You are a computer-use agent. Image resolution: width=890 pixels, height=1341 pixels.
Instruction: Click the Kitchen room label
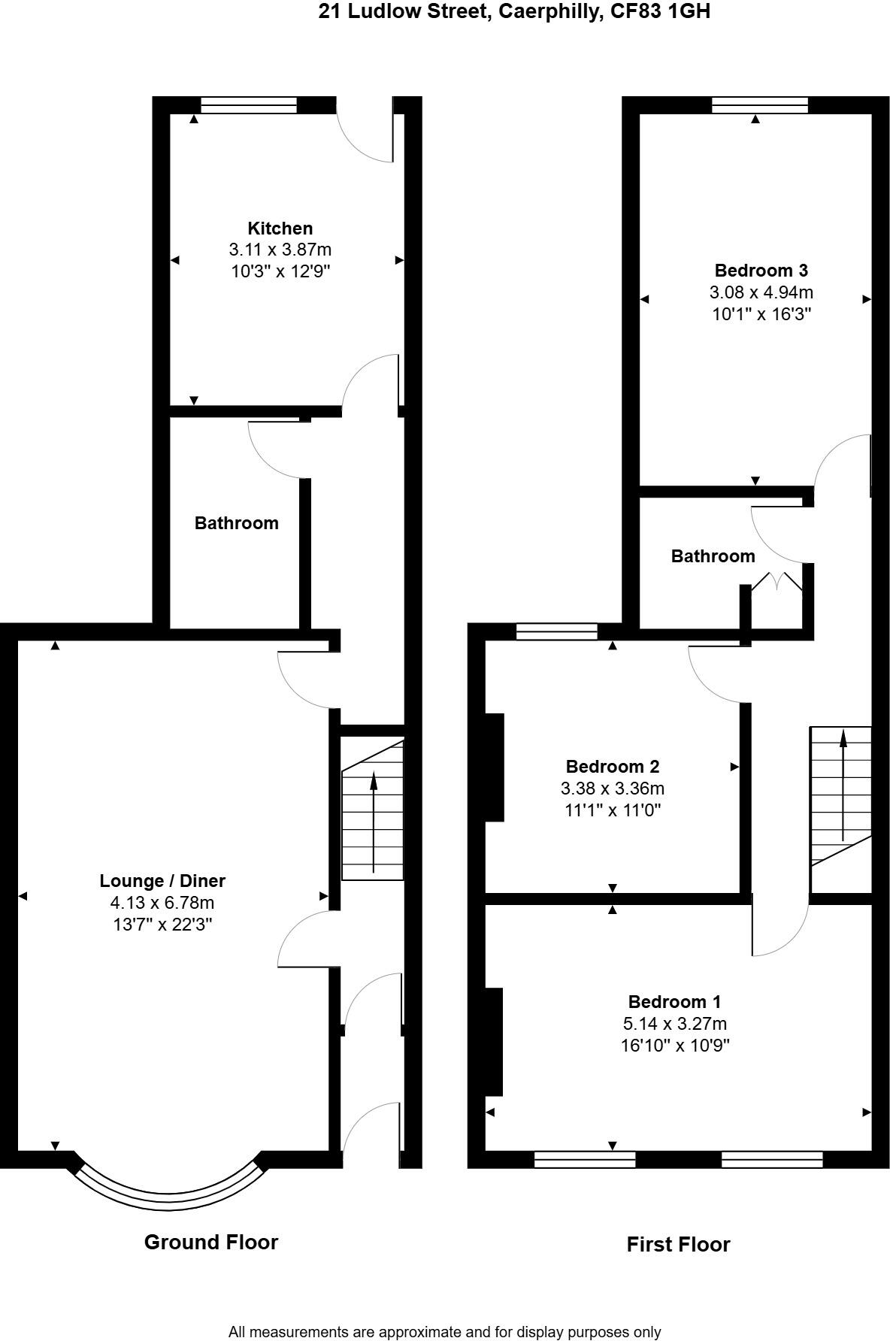coord(280,229)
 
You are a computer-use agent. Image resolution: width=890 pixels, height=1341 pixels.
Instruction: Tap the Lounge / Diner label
coord(162,881)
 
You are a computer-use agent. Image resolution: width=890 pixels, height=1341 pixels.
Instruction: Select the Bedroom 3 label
coord(761,271)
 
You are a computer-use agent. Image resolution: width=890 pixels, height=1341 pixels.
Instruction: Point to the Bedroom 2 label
coord(612,767)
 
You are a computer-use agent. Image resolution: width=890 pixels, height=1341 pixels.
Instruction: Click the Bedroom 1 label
coord(674,1002)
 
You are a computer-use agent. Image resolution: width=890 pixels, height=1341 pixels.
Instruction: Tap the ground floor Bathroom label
coord(236,523)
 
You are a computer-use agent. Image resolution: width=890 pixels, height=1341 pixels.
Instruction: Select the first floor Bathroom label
coord(713,556)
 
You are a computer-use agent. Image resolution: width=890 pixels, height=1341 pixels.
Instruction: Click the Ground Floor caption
coord(211,1243)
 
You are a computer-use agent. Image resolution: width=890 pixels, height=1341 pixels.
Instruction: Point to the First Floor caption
coord(678,1245)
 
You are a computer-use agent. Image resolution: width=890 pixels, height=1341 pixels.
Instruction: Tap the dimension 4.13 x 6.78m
coord(162,903)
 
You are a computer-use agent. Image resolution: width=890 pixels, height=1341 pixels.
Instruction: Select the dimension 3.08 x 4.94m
coord(761,292)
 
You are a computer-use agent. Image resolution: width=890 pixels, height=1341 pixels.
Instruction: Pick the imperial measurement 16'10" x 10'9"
coord(674,1046)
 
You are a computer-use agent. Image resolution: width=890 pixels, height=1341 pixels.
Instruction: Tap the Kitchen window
coord(249,105)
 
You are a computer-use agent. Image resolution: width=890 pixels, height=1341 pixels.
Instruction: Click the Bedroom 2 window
coord(556,631)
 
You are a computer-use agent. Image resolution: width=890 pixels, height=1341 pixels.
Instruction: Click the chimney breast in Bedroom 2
coord(494,767)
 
